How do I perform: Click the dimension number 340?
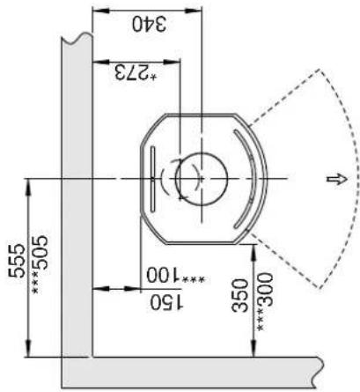click(149, 24)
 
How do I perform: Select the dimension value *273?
click(136, 73)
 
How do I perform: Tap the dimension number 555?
click(17, 261)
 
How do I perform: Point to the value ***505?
click(40, 264)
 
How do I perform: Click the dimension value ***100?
click(175, 276)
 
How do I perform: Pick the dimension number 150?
click(166, 302)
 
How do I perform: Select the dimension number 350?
click(239, 295)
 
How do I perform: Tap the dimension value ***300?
click(265, 302)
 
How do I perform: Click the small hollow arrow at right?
click(337, 179)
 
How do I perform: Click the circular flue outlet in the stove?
click(202, 179)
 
